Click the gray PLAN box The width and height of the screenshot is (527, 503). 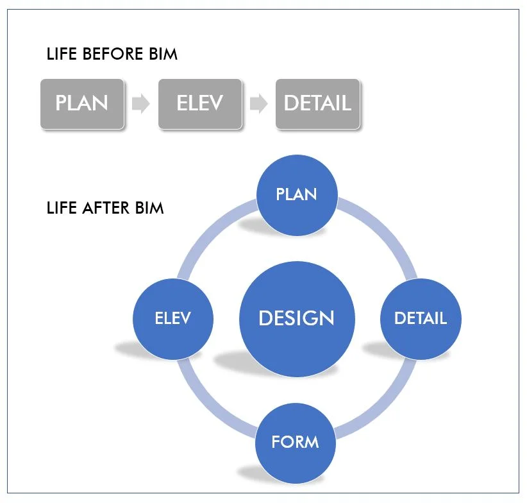[82, 103]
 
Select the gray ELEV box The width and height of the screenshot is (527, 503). [200, 103]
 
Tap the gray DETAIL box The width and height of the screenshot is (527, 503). [318, 103]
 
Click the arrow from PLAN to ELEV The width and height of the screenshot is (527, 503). [140, 103]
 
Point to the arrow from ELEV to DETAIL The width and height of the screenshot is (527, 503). [258, 103]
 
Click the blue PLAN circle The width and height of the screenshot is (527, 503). [296, 194]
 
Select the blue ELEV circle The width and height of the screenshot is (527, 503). [172, 318]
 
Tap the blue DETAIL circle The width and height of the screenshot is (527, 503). [420, 318]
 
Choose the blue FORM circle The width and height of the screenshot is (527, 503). [296, 442]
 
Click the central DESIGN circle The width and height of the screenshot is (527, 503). [296, 318]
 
